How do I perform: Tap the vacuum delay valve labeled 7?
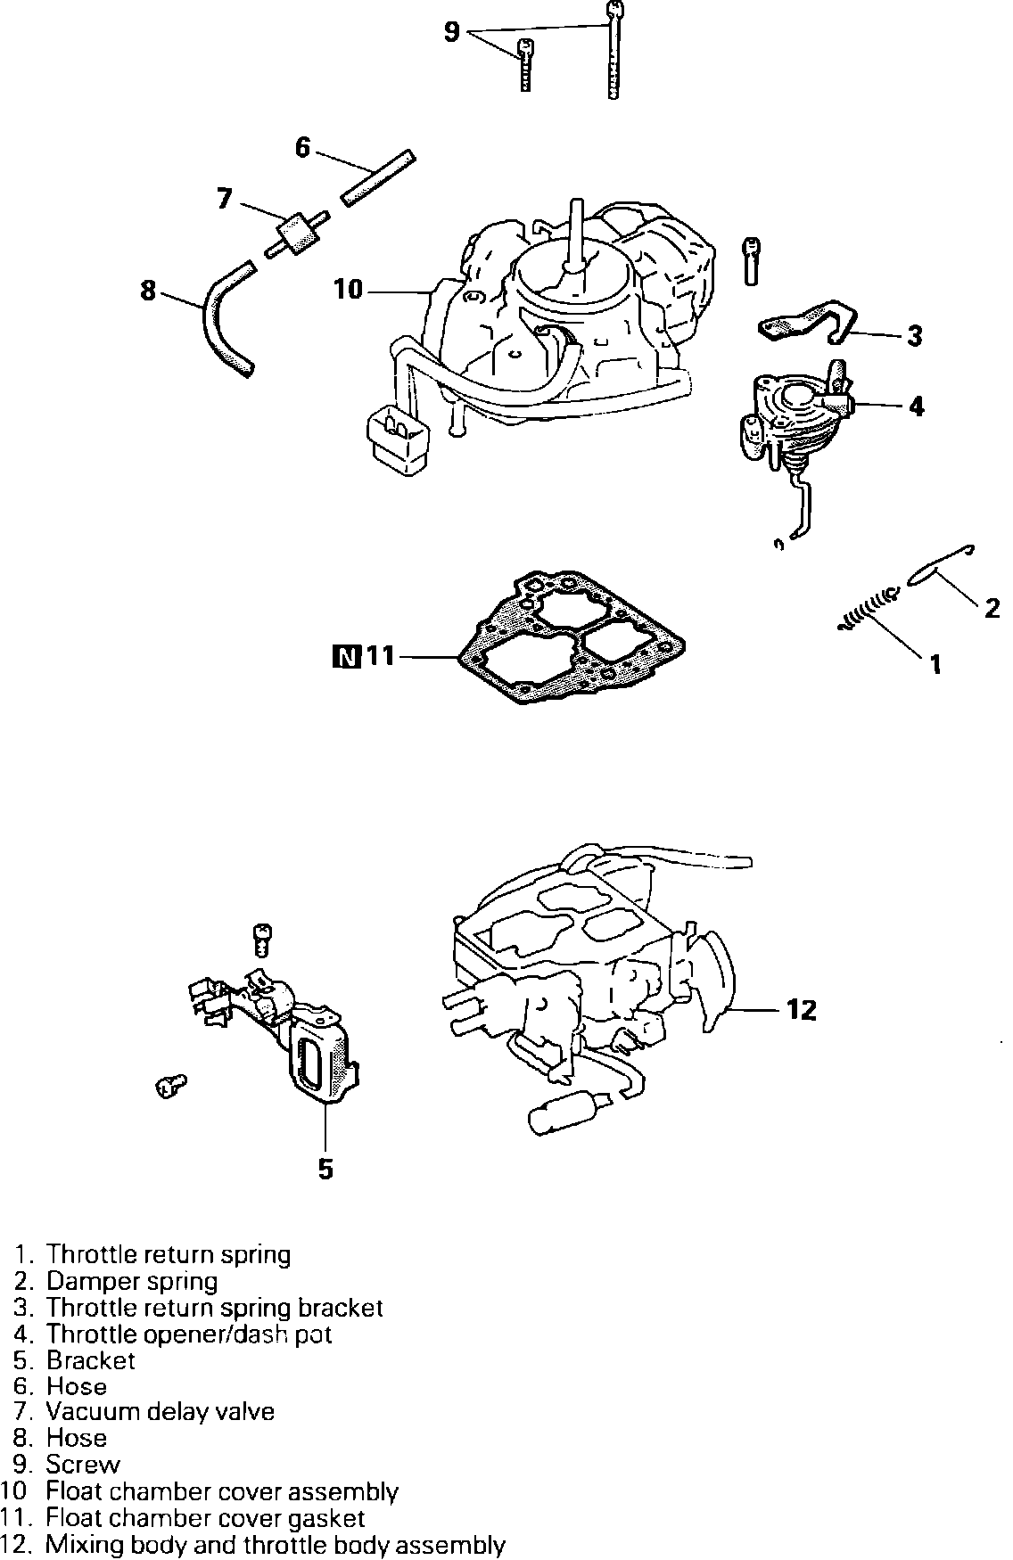293,233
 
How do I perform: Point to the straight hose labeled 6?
378,178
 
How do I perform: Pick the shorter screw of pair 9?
525,66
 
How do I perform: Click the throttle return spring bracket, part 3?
807,325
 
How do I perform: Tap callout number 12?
802,1010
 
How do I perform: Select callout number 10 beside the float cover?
350,290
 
